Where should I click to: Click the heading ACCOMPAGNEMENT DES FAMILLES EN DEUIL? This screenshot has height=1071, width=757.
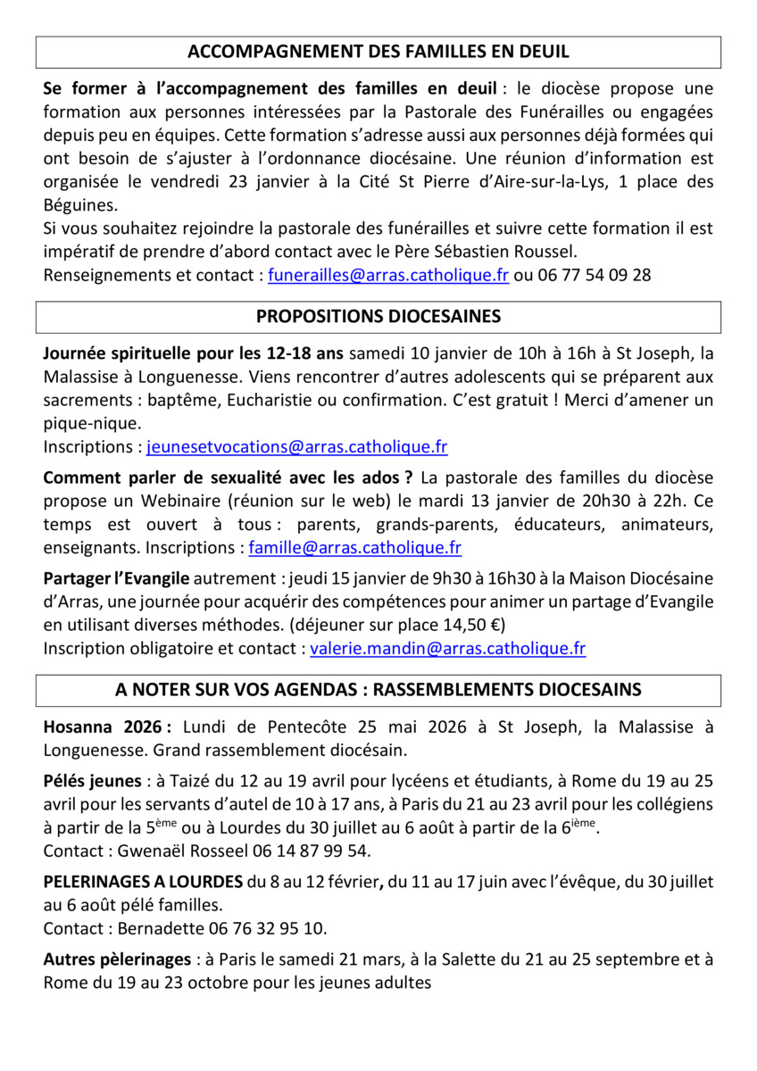coord(378,52)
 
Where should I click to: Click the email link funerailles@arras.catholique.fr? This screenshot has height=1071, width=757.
coord(388,275)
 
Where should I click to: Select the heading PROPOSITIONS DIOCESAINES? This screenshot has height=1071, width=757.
coord(378,317)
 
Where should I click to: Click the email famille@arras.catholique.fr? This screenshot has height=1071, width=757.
coord(355,547)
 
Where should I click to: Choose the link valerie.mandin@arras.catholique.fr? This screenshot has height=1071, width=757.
coord(447,649)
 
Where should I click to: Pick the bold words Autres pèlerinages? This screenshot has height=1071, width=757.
coord(117,960)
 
